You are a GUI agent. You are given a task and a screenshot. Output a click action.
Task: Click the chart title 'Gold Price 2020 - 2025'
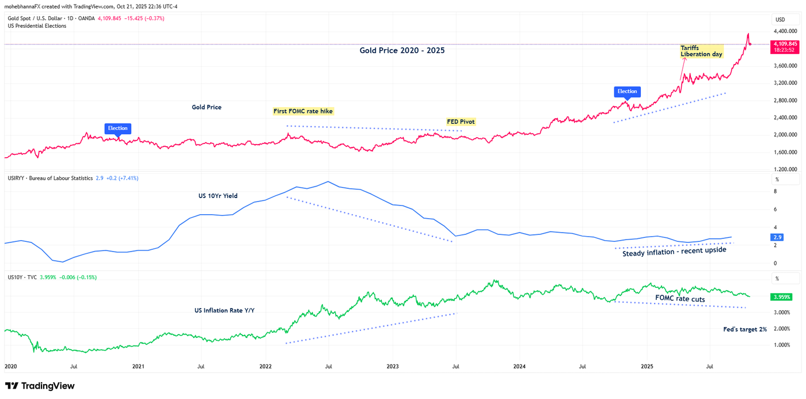(402, 51)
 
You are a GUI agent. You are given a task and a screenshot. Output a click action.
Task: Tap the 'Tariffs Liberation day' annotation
(701, 51)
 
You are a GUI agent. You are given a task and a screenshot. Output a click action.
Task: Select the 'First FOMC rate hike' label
(303, 111)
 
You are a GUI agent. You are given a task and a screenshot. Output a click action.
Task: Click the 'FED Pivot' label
(461, 122)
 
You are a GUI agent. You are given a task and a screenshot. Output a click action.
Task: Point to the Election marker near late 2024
(627, 92)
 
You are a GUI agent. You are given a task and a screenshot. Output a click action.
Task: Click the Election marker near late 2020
(117, 128)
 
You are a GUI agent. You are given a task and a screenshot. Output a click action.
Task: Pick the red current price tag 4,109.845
(785, 47)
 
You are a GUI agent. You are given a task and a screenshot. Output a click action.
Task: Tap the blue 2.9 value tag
(777, 237)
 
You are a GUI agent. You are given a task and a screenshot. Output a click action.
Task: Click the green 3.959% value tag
(781, 297)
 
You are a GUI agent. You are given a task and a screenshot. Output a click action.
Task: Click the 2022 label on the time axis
(265, 366)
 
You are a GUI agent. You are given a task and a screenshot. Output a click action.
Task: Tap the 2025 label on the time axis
(647, 366)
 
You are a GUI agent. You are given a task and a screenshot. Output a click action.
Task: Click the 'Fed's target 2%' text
(744, 329)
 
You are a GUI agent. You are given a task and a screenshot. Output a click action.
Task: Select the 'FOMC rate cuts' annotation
(680, 299)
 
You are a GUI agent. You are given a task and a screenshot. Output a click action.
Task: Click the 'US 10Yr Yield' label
(218, 196)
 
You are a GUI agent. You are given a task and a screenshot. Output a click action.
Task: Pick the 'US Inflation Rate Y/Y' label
(225, 310)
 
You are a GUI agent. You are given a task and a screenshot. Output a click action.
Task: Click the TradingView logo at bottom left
(40, 386)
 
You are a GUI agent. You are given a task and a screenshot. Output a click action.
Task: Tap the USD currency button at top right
(780, 20)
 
